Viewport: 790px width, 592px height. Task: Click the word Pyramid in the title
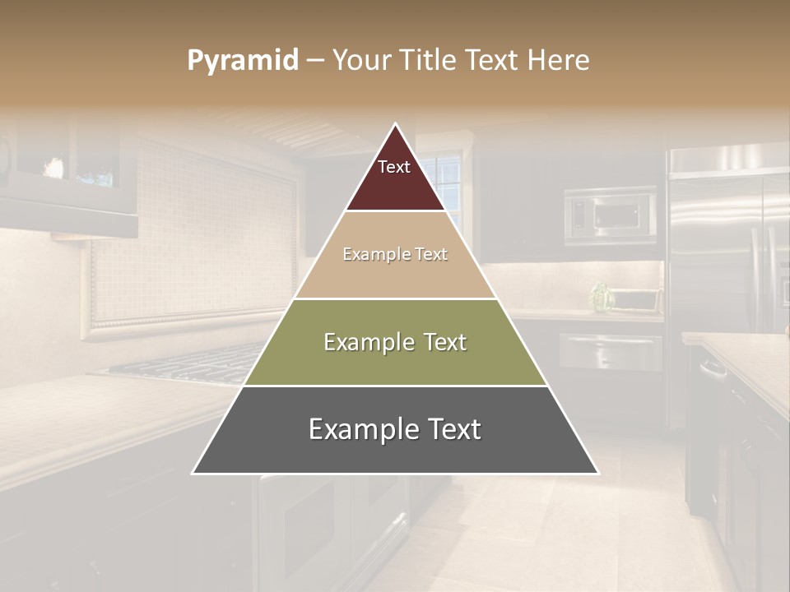(243, 61)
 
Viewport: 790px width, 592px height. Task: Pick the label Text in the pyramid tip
(394, 167)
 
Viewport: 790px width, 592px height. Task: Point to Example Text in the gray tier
(395, 429)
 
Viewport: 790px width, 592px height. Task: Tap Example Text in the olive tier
(395, 342)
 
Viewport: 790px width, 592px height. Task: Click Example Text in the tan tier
(395, 254)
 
